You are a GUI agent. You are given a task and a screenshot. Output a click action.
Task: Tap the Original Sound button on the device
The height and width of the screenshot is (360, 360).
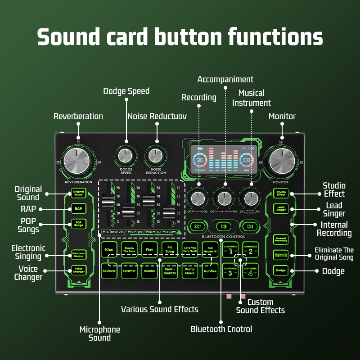point(78,193)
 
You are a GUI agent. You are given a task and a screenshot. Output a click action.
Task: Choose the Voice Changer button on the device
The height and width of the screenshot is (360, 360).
point(78,270)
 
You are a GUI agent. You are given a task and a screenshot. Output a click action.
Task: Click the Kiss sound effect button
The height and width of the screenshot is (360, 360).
point(109,249)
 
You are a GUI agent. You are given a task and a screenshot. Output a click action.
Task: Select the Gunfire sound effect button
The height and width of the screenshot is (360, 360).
point(210,271)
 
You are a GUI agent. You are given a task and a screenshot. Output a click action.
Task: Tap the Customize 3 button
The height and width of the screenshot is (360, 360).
point(230,271)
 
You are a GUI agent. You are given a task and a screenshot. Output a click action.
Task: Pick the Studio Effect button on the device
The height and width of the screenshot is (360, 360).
point(281,193)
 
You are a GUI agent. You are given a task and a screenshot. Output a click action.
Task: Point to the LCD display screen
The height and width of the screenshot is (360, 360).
point(223,160)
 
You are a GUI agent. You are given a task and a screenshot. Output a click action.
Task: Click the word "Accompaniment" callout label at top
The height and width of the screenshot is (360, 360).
point(225,80)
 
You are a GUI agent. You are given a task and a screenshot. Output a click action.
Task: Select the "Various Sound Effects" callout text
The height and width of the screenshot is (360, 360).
point(160,309)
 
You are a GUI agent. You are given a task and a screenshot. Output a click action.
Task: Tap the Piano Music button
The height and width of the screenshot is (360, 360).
point(190,271)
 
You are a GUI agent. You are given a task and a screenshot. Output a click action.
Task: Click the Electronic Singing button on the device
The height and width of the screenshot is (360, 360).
point(78,255)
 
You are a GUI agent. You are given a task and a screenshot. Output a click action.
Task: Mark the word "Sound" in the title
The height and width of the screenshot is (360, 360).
point(71,36)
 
